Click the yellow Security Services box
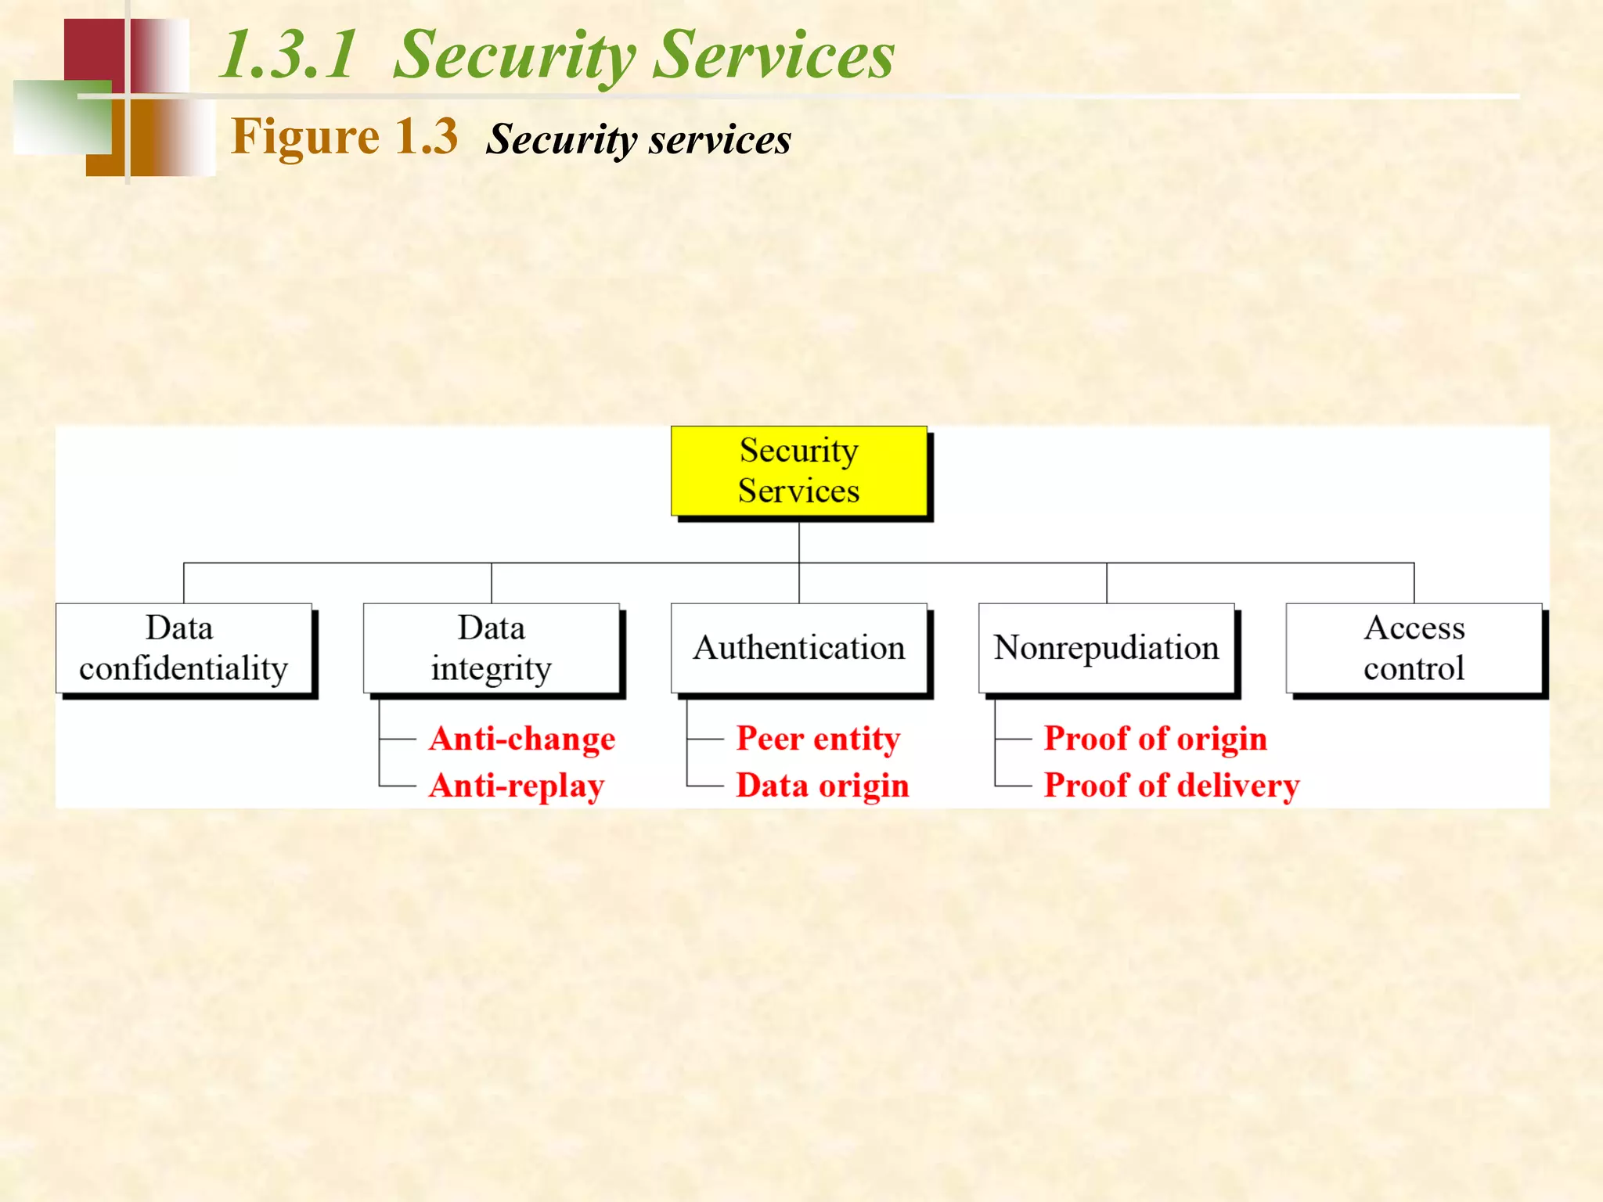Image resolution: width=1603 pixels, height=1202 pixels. tap(799, 471)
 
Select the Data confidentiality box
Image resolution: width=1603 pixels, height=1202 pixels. tap(184, 648)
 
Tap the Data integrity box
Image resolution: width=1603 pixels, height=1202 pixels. tap(492, 648)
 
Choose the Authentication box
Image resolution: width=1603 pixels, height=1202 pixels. tap(799, 648)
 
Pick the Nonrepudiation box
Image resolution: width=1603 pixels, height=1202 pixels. tap(1106, 648)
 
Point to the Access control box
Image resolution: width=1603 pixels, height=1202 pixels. tap(1414, 648)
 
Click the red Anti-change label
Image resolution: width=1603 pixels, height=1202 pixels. tap(522, 739)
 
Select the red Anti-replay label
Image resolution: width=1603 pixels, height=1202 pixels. tap(517, 786)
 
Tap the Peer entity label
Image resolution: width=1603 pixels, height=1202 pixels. tap(818, 739)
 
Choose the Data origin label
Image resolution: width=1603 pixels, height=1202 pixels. tap(823, 786)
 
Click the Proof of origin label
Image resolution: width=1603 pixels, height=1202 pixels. tap(1155, 739)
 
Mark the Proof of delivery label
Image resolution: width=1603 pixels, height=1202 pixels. tap(1171, 786)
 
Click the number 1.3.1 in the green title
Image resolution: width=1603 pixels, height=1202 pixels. tap(287, 55)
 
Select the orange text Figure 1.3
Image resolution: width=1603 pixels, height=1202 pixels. tap(344, 137)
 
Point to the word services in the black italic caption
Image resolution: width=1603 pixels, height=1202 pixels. tap(719, 141)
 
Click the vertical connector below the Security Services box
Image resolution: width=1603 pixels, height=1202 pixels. tap(799, 542)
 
